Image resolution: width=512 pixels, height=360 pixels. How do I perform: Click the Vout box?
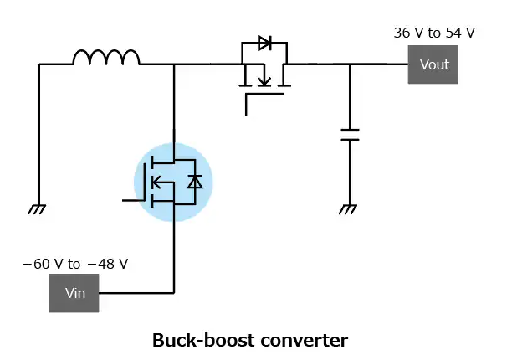click(433, 64)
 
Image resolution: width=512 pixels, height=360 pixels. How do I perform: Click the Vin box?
click(74, 293)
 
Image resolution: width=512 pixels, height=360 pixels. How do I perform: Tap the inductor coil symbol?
click(106, 57)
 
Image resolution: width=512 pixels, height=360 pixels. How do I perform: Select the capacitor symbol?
click(350, 136)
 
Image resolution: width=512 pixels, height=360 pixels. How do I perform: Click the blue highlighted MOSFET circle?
click(173, 182)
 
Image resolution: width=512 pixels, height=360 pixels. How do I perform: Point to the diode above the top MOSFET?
click(264, 44)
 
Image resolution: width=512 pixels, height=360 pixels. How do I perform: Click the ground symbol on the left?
click(37, 209)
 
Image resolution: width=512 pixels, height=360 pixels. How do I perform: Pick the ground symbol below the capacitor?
click(348, 209)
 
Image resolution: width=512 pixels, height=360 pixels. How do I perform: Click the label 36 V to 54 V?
click(434, 33)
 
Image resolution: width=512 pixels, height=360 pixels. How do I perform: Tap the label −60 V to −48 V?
click(75, 265)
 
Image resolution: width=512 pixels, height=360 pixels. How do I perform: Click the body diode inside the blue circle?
click(194, 181)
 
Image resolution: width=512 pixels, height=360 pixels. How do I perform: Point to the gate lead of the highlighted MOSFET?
click(132, 200)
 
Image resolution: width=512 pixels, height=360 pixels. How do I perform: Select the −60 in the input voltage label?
click(34, 265)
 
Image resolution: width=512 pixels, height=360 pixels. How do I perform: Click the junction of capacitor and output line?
click(350, 64)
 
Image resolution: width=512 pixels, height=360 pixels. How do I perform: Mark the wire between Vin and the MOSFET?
click(138, 293)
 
